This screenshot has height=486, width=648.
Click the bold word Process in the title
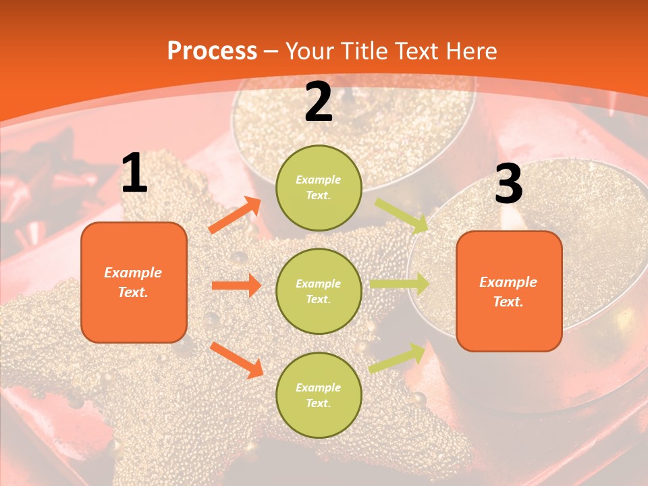click(x=212, y=51)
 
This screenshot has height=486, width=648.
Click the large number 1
click(x=134, y=174)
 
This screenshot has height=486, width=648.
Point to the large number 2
click(x=319, y=103)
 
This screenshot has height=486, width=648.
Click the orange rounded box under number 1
click(x=134, y=282)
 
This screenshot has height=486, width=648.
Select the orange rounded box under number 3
click(x=509, y=291)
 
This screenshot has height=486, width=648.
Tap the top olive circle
click(x=319, y=188)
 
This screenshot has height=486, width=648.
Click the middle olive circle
click(x=319, y=291)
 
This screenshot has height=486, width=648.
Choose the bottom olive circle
click(x=319, y=395)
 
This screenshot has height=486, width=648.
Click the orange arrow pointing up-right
click(x=235, y=215)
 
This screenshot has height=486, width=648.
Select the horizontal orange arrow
click(x=236, y=286)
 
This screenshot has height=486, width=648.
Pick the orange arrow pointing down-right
click(x=236, y=360)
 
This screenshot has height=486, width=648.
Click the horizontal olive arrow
click(x=400, y=284)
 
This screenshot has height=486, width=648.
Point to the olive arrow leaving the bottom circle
click(x=397, y=358)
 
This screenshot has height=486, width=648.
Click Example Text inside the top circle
click(x=319, y=188)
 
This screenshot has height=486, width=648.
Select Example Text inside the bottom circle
click(x=319, y=395)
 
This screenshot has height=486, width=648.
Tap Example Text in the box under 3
click(x=508, y=292)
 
